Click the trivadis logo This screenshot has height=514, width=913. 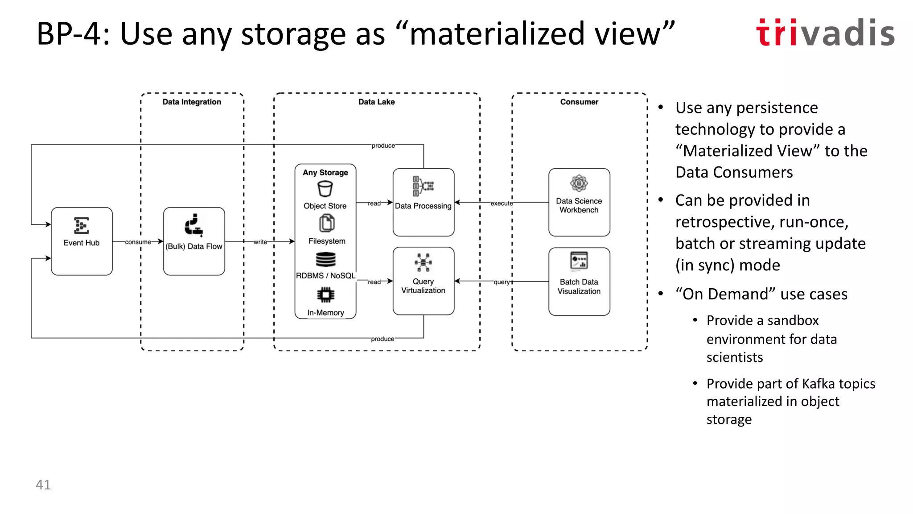click(825, 33)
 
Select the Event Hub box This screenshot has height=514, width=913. click(82, 241)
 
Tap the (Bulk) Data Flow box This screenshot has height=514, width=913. click(194, 241)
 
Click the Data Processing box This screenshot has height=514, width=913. click(423, 202)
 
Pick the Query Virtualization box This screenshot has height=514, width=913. click(423, 281)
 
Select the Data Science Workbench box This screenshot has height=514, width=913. click(579, 202)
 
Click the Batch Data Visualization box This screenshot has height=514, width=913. click(579, 282)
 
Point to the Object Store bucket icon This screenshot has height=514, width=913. click(325, 189)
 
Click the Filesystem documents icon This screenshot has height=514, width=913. click(327, 223)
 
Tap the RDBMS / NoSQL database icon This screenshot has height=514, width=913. click(325, 259)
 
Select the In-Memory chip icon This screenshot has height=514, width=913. click(325, 294)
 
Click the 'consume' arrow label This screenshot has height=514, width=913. click(138, 242)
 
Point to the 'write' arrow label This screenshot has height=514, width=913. click(260, 242)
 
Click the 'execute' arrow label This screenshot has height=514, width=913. click(502, 203)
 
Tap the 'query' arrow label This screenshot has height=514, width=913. click(502, 282)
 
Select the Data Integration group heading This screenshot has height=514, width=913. click(192, 102)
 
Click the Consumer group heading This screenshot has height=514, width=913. click(579, 102)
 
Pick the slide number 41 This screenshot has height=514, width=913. click(43, 485)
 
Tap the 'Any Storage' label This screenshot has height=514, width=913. click(325, 173)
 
